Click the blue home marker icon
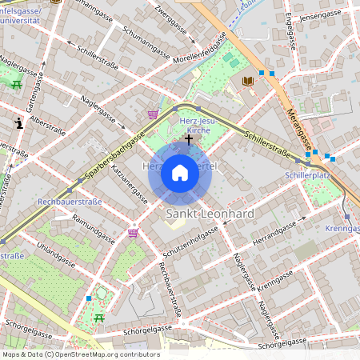click(180, 173)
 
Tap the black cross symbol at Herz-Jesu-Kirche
click(188, 139)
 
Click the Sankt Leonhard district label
click(210, 214)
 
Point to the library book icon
click(247, 81)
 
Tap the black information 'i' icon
click(18, 123)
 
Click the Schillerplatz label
click(306, 174)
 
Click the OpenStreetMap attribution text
click(80, 354)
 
